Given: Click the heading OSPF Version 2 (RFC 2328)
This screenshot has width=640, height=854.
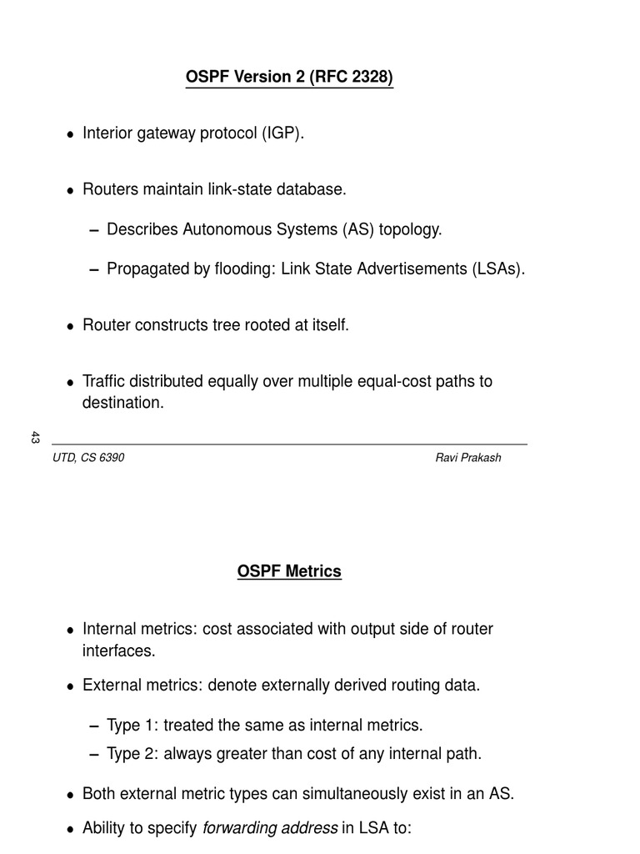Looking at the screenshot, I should pos(289,78).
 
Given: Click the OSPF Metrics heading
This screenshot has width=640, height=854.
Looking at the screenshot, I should pos(289,571).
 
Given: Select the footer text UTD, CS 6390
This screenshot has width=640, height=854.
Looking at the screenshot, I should pos(88,458).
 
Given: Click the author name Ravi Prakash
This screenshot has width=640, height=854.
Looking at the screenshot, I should pos(468,458).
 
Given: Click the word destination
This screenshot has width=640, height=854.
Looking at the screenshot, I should pos(122,402).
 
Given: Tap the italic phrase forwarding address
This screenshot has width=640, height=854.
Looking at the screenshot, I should pos(270,828).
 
